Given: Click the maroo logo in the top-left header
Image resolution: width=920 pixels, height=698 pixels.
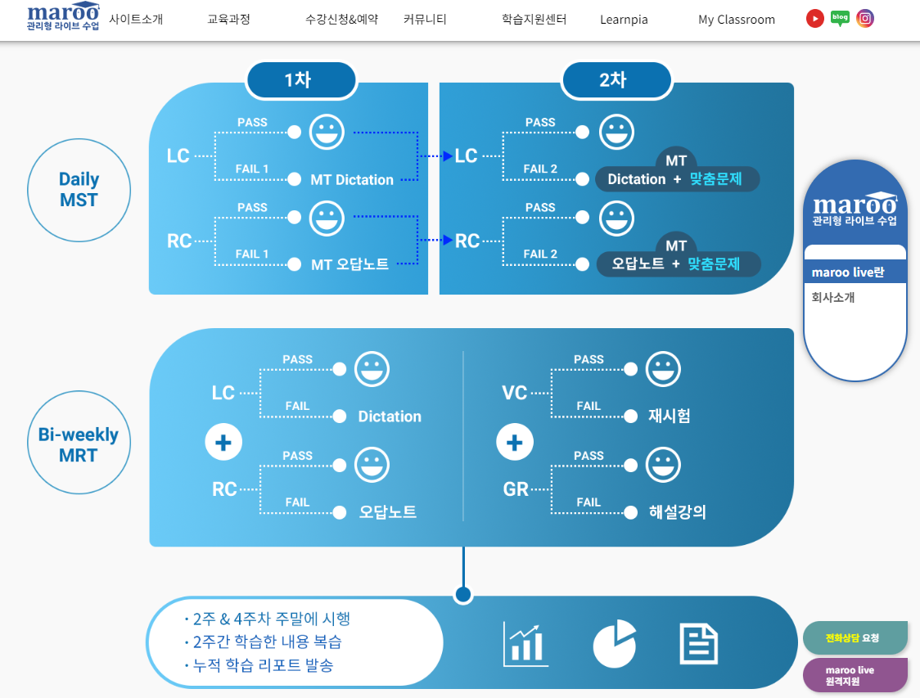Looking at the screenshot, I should point(63,17).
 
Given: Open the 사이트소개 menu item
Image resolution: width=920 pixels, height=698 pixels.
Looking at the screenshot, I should point(136,19).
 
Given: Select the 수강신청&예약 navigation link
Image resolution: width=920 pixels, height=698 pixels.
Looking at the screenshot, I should point(341,19).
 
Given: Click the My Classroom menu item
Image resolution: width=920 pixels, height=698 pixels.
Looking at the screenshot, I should point(736,20).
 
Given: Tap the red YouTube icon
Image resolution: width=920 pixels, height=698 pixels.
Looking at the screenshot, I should point(814,18).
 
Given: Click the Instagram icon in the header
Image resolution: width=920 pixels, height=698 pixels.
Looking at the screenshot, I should point(865,18).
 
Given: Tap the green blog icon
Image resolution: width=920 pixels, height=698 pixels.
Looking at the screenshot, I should point(840,18).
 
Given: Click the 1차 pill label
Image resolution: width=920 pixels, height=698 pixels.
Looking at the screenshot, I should point(301,80).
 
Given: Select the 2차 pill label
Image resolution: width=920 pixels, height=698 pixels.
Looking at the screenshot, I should point(616,80).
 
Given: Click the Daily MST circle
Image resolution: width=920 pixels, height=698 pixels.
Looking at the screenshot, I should point(79,190).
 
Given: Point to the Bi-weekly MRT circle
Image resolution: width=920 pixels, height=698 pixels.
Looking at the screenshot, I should point(79,444).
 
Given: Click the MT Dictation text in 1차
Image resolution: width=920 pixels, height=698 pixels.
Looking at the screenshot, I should point(352,180).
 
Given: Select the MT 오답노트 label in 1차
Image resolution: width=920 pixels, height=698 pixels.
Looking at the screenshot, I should point(350,264).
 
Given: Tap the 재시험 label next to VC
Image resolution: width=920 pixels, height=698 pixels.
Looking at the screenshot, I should point(669,416).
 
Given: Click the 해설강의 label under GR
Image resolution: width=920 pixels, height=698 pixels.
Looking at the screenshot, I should point(677,512).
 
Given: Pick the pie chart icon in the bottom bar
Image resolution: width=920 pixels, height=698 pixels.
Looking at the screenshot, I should point(614,643).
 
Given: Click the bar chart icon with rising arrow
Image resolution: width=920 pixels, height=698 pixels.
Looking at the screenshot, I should point(525,644).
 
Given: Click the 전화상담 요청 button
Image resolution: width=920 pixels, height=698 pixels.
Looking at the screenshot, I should point(855,638).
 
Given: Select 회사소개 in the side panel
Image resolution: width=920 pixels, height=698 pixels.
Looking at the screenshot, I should point(833,298).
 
